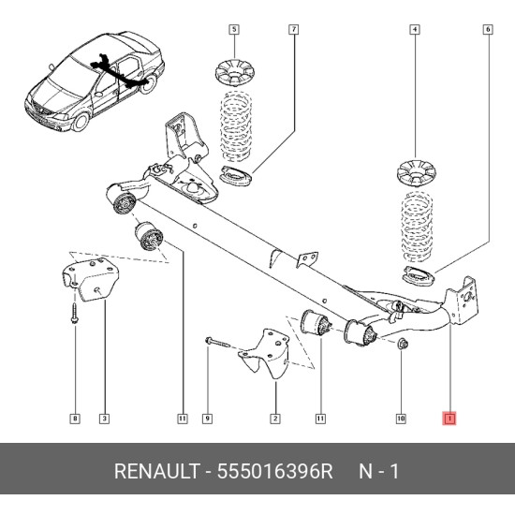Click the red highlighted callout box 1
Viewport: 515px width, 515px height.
pyautogui.click(x=449, y=419)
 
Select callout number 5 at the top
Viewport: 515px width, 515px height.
pyautogui.click(x=234, y=30)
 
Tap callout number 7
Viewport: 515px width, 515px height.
pyautogui.click(x=294, y=30)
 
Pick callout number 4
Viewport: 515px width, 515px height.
pyautogui.click(x=415, y=30)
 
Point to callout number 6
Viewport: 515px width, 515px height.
pyautogui.click(x=488, y=30)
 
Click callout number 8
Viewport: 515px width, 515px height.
pyautogui.click(x=75, y=419)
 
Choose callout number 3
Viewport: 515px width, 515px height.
pyautogui.click(x=104, y=419)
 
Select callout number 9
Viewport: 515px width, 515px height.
pyautogui.click(x=207, y=419)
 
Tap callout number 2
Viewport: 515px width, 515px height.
pyautogui.click(x=275, y=419)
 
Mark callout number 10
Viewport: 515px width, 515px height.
pyautogui.click(x=401, y=419)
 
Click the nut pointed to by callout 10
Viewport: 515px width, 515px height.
pyautogui.click(x=402, y=345)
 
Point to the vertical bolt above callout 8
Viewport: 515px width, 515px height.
pyautogui.click(x=74, y=313)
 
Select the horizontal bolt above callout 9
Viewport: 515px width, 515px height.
pyautogui.click(x=217, y=343)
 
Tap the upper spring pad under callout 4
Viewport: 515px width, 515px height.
pyautogui.click(x=416, y=173)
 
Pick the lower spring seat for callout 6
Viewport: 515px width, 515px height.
pyautogui.click(x=419, y=275)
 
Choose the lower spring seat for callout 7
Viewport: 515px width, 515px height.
pyautogui.click(x=235, y=176)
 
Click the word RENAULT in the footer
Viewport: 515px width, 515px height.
pyautogui.click(x=157, y=471)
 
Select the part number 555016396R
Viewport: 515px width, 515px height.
pyautogui.click(x=275, y=471)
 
